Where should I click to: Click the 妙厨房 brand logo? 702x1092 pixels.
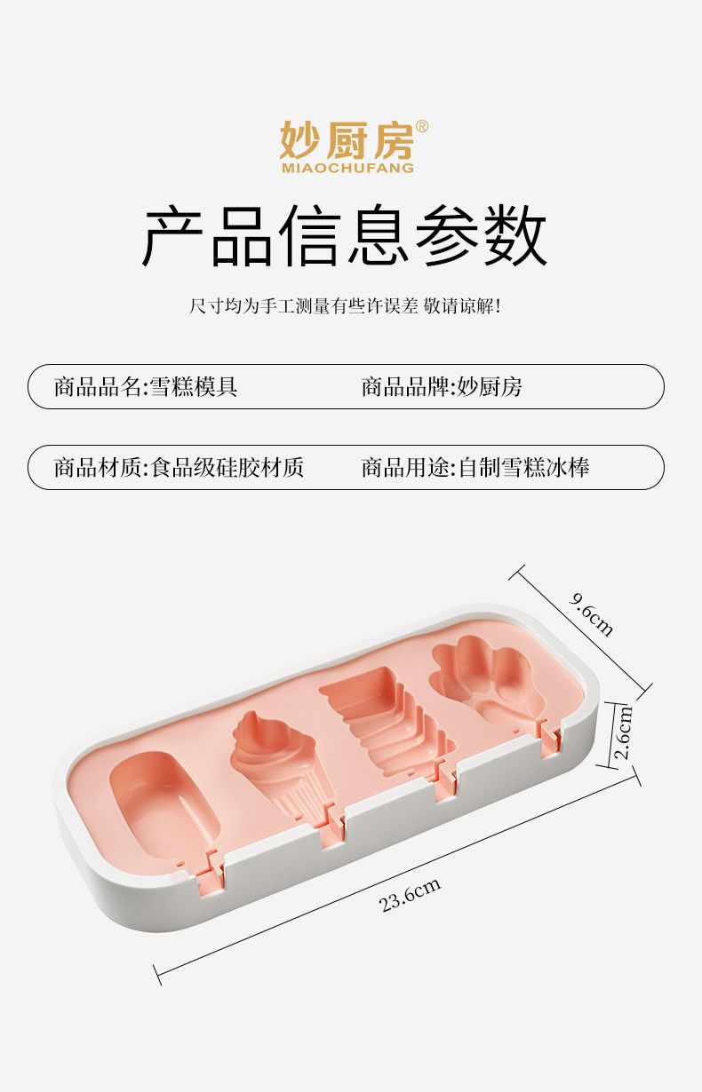346,139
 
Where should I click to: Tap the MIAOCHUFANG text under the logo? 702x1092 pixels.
347,168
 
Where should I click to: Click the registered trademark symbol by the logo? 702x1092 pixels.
421,126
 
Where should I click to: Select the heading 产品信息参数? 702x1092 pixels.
345,236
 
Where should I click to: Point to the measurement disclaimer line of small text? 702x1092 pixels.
346,307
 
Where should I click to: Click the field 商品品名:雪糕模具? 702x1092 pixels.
146,387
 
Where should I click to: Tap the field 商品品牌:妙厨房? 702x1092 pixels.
442,387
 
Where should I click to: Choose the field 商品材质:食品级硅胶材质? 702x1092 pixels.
179,467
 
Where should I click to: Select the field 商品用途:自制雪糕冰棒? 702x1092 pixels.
475,467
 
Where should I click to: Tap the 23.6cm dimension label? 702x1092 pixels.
411,895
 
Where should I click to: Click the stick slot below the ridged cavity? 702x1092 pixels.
445,779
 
